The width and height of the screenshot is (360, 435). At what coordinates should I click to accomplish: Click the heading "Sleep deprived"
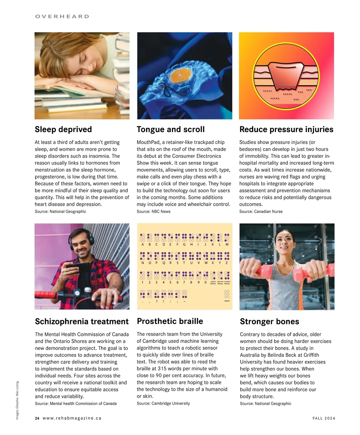click(63, 129)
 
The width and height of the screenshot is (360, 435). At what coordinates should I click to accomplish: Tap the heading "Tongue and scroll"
click(171, 129)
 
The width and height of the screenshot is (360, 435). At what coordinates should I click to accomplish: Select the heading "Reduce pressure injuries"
click(286, 129)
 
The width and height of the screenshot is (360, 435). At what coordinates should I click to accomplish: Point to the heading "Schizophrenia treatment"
click(82, 321)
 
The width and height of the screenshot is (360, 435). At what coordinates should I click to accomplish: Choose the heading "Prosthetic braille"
click(170, 321)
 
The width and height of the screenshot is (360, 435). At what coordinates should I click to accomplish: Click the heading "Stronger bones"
click(269, 321)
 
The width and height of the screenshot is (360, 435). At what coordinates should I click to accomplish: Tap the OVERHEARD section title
click(62, 16)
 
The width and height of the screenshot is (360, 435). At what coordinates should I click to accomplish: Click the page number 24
click(37, 418)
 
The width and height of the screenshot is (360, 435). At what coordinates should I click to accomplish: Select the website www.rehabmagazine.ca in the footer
click(72, 418)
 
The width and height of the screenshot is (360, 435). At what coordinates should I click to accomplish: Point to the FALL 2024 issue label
click(324, 418)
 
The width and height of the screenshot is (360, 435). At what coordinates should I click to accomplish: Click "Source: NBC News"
click(154, 211)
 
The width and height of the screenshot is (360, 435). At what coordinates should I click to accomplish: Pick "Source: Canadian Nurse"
click(261, 211)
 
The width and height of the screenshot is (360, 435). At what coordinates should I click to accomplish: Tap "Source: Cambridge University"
click(163, 403)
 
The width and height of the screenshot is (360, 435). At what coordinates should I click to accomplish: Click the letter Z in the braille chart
click(227, 263)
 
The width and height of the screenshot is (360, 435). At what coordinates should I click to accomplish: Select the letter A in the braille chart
click(142, 244)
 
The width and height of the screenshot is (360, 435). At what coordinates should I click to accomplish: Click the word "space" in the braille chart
click(227, 301)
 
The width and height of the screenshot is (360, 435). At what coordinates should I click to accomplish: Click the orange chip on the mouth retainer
click(180, 75)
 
